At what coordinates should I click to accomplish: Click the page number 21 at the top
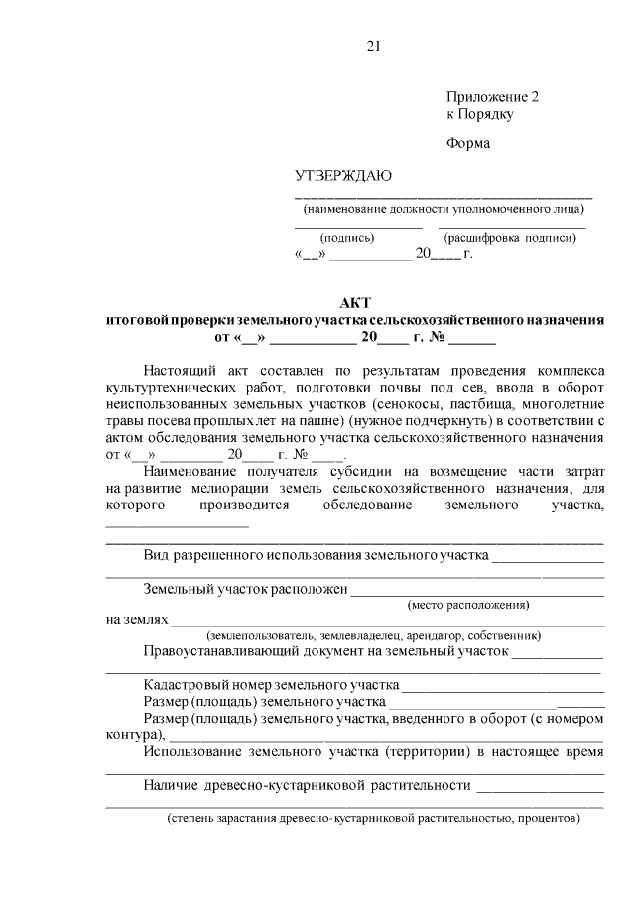[x=373, y=46]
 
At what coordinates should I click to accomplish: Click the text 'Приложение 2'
[x=492, y=97]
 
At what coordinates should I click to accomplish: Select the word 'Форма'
[x=468, y=143]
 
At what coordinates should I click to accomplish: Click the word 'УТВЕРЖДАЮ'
[x=342, y=177]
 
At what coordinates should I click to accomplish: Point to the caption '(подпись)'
[x=346, y=238]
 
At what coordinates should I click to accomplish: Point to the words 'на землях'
[x=136, y=619]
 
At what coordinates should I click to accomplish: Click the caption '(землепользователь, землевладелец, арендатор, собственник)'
[x=373, y=635]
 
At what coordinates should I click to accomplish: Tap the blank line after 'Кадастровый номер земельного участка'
[x=503, y=686]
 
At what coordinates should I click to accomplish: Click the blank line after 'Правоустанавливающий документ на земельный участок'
[x=558, y=653]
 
